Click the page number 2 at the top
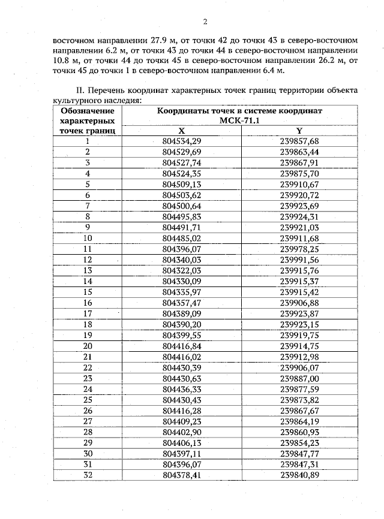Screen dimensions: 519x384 [x=205, y=22]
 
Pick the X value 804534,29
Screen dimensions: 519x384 [x=181, y=141]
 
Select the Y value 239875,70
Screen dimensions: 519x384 [x=299, y=173]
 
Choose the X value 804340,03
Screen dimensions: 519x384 [x=181, y=259]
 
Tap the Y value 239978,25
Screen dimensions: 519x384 [x=299, y=249]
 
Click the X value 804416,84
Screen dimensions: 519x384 [x=181, y=346]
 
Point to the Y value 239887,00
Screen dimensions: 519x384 [x=299, y=378]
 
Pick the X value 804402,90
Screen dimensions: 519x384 [x=181, y=432]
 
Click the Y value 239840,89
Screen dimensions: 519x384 [x=299, y=475]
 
